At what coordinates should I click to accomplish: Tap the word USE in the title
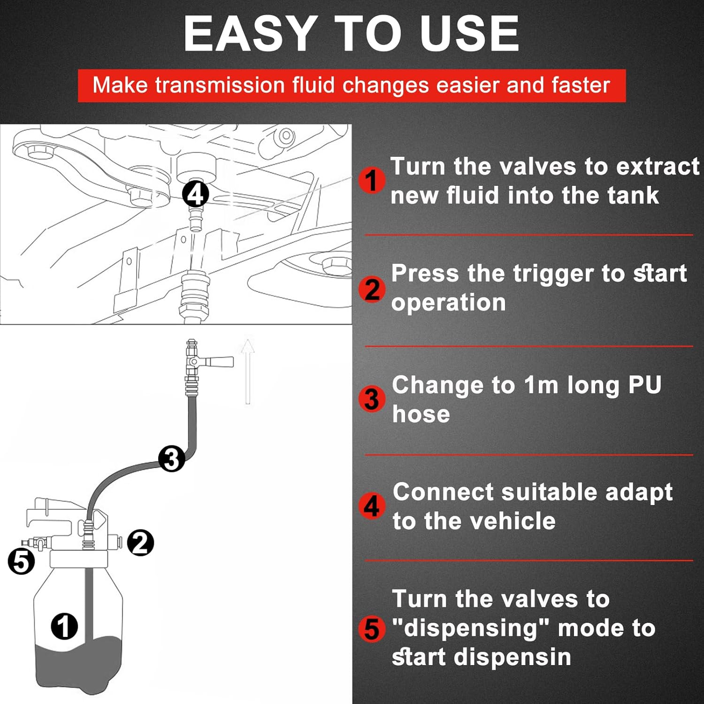pyautogui.click(x=469, y=33)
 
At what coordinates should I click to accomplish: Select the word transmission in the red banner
pyautogui.click(x=220, y=85)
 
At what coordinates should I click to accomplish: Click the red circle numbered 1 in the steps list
pyautogui.click(x=372, y=180)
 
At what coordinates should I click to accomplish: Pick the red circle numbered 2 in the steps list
pyautogui.click(x=372, y=289)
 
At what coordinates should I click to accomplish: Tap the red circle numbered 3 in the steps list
pyautogui.click(x=372, y=399)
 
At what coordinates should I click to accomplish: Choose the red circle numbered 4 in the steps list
pyautogui.click(x=372, y=506)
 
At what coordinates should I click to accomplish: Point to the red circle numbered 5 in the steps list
pyautogui.click(x=372, y=629)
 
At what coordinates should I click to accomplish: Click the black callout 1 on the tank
pyautogui.click(x=64, y=626)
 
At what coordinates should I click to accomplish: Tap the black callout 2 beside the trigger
pyautogui.click(x=140, y=543)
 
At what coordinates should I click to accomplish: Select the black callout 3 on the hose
pyautogui.click(x=171, y=459)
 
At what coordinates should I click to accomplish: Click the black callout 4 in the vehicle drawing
pyautogui.click(x=195, y=194)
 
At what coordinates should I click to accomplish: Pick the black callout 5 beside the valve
pyautogui.click(x=22, y=561)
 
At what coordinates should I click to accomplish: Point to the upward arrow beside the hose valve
pyautogui.click(x=248, y=371)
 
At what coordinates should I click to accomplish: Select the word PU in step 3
pyautogui.click(x=644, y=385)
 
